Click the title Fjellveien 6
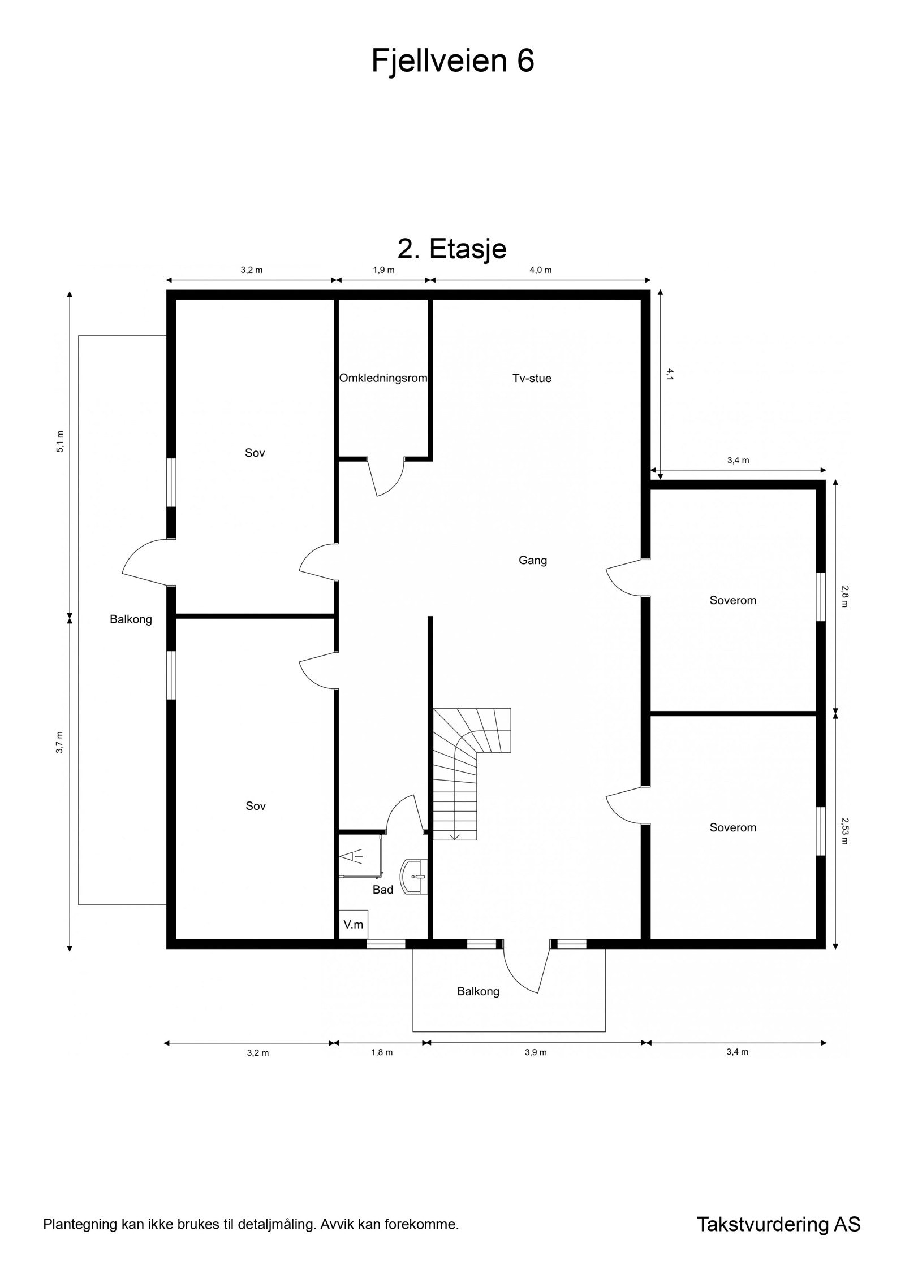453,61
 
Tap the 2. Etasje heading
452,248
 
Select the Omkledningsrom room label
383,378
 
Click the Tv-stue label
532,378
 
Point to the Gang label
533,561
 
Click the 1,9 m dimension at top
383,270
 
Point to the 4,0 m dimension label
540,270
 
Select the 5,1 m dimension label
61,442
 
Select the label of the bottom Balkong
479,991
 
